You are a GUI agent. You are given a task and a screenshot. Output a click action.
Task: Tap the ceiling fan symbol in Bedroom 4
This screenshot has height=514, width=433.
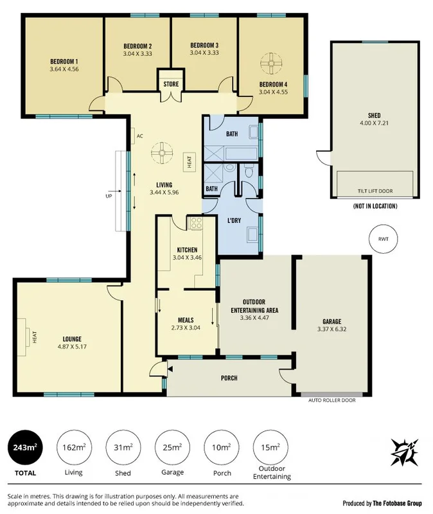[272, 63]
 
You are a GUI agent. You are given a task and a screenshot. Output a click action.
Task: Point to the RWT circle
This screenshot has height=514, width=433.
[384, 239]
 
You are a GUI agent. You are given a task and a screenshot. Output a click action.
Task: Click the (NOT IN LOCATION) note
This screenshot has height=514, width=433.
[375, 206]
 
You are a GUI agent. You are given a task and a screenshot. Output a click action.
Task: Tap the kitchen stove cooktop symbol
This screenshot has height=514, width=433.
[196, 224]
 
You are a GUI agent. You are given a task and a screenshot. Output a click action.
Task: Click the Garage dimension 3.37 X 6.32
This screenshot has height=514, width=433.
[331, 330]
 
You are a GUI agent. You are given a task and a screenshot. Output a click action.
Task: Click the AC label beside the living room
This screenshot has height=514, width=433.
[139, 136]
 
